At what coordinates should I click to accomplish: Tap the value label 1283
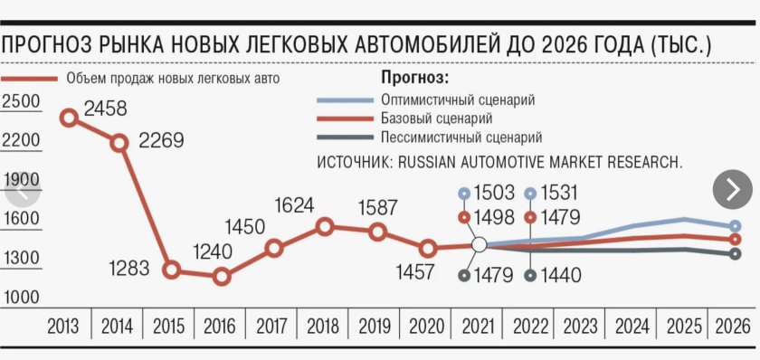pyautogui.click(x=132, y=269)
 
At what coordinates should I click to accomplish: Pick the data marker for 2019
pyautogui.click(x=378, y=232)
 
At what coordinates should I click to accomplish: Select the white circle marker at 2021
pyautogui.click(x=480, y=244)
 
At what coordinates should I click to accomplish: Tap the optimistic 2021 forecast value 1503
pyautogui.click(x=493, y=193)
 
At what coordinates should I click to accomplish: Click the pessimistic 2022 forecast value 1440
pyautogui.click(x=561, y=275)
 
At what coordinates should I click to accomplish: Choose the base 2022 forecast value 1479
pyautogui.click(x=561, y=217)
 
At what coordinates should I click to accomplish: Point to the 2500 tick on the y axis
pyautogui.click(x=22, y=102)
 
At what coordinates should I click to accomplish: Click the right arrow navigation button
pyautogui.click(x=732, y=189)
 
